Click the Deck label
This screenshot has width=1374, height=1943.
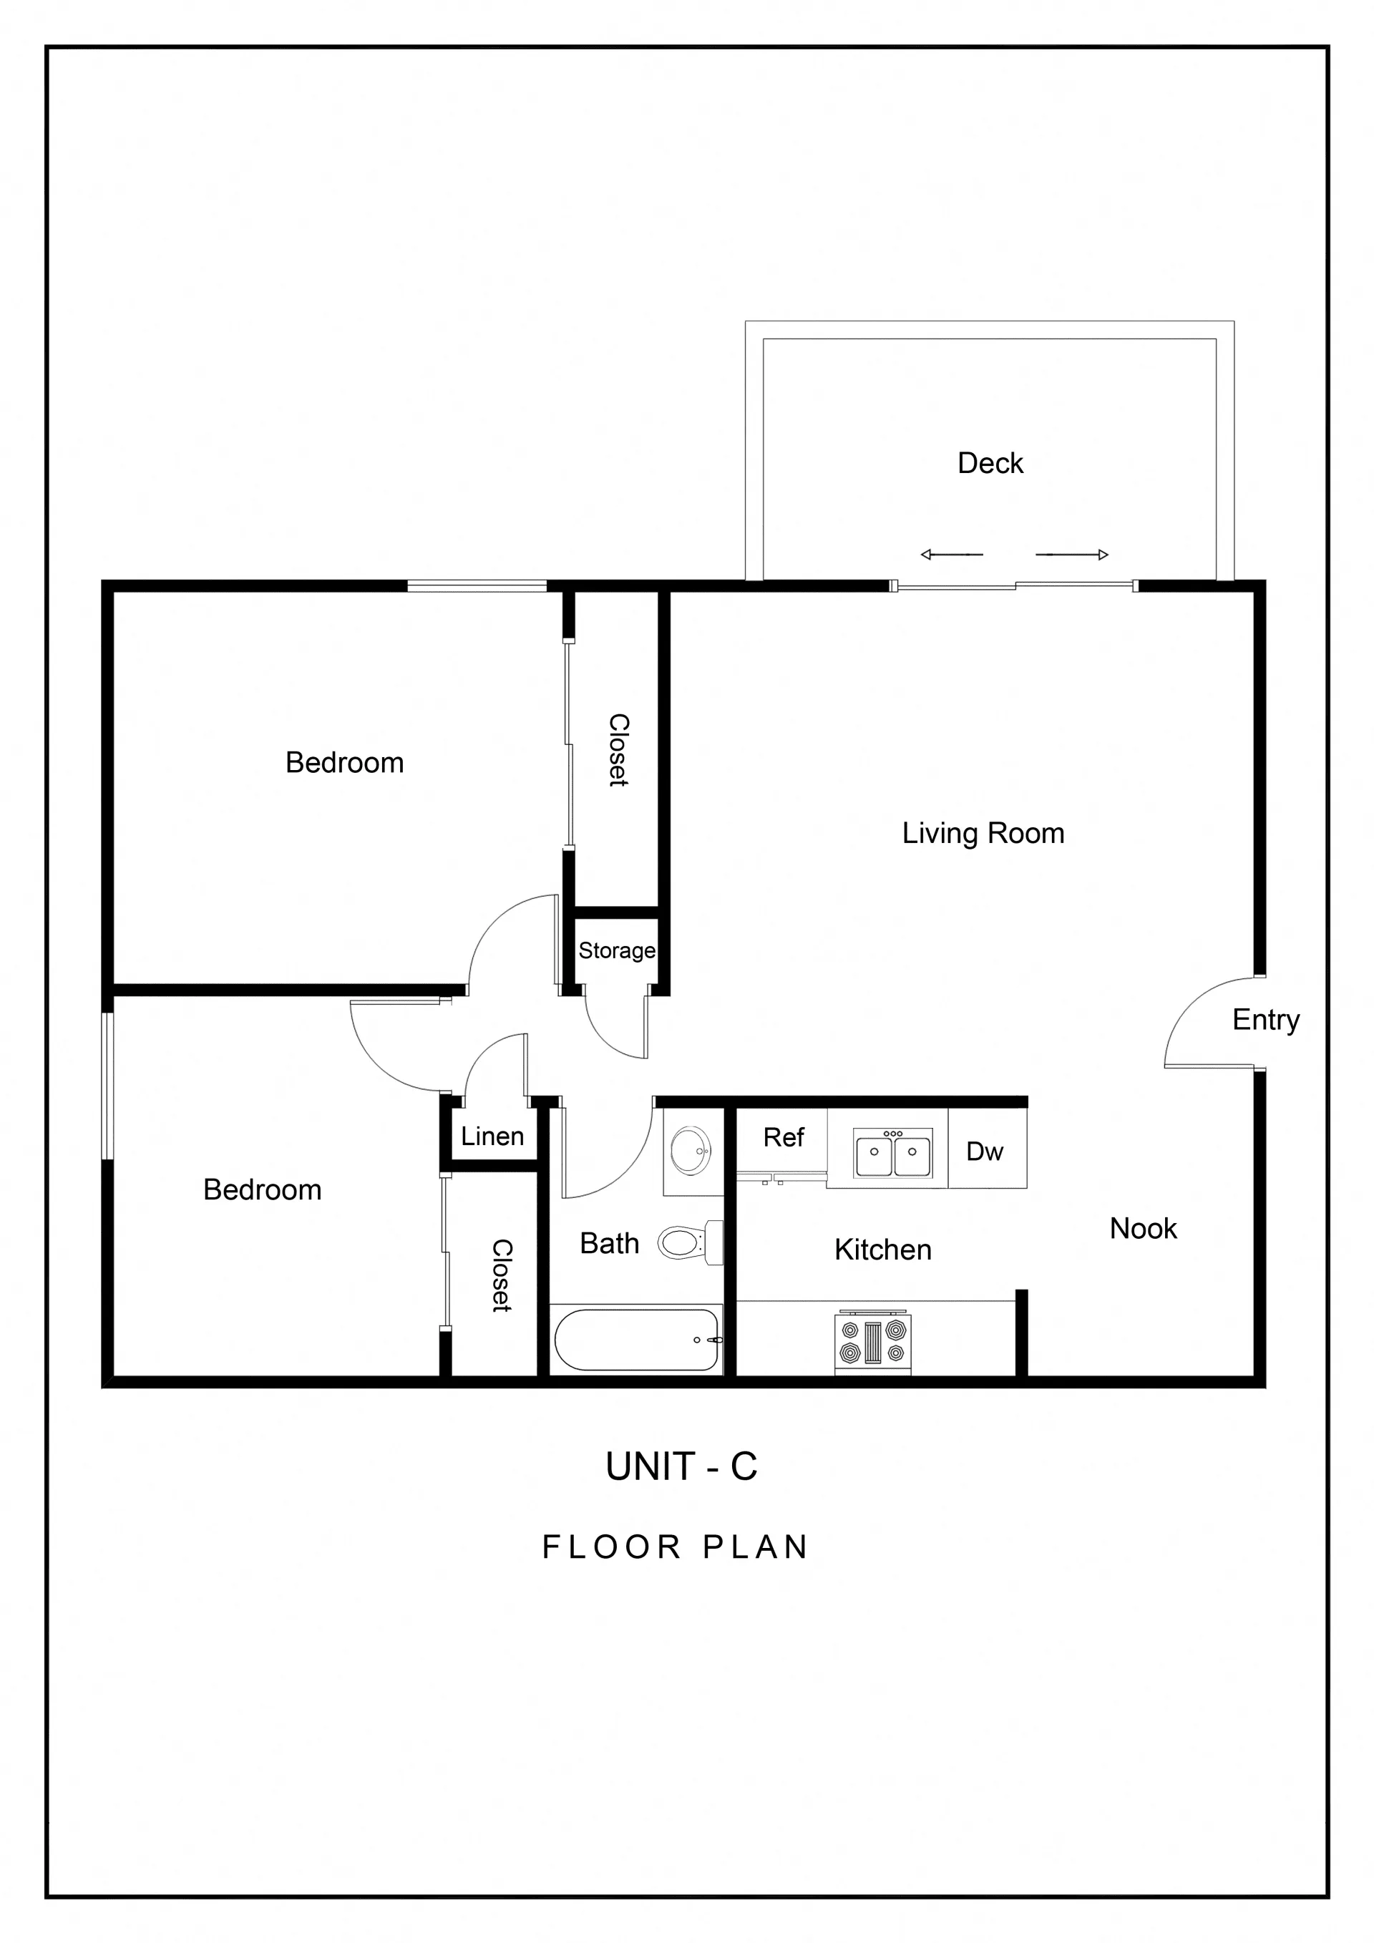[990, 463]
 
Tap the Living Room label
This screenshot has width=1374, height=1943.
[983, 834]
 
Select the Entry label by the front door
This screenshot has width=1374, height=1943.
[1266, 1021]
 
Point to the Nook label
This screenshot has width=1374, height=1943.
[1143, 1228]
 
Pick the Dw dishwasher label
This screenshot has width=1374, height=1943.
[985, 1151]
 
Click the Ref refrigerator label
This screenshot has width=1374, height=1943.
[784, 1136]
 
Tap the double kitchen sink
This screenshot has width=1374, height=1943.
[892, 1153]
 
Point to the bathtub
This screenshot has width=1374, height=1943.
[636, 1340]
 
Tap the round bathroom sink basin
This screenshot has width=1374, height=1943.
[691, 1151]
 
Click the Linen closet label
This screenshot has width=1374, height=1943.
[492, 1136]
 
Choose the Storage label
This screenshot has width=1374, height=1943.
[617, 951]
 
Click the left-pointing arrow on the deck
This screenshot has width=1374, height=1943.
[952, 555]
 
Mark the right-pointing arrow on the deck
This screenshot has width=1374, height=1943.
[1072, 555]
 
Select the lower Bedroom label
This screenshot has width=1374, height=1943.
[263, 1190]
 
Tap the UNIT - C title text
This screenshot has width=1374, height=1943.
[681, 1466]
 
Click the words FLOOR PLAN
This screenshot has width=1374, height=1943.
[675, 1547]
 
